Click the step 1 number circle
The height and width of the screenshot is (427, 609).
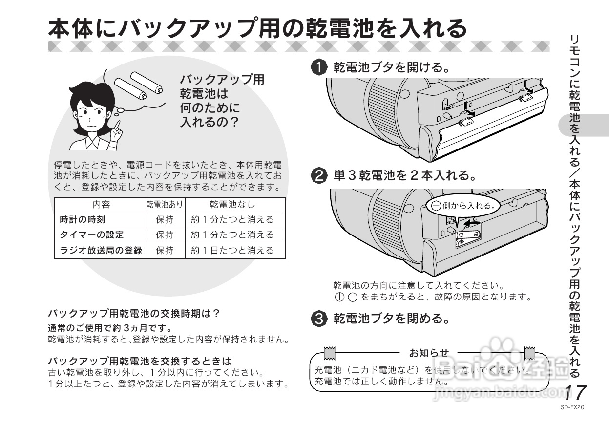[319, 67]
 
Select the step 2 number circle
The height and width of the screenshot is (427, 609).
[319, 175]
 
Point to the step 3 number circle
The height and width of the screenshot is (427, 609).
[319, 319]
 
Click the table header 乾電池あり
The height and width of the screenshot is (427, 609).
[165, 204]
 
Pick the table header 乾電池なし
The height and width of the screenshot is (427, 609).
[232, 204]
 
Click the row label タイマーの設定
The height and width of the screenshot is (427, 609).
[91, 235]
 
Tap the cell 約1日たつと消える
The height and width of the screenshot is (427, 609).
[232, 250]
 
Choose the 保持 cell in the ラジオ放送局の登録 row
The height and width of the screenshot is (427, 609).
[165, 250]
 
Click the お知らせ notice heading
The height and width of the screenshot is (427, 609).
[428, 353]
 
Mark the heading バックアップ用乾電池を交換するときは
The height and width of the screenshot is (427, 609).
[139, 362]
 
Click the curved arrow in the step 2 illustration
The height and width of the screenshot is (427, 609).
[471, 223]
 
